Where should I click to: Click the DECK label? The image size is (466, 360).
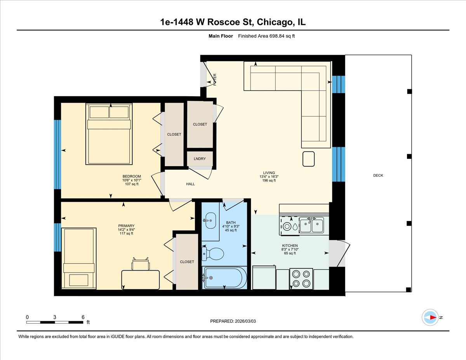click(378, 176)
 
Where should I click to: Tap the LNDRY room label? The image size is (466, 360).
click(200, 159)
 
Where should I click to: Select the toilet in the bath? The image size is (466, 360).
click(213, 254)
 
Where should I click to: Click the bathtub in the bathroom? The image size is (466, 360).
click(224, 278)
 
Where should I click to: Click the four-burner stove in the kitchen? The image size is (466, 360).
click(301, 279)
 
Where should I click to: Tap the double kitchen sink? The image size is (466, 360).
click(311, 224)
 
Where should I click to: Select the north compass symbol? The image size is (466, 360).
click(430, 317)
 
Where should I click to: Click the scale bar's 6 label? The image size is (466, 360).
click(83, 317)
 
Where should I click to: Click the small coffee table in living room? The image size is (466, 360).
click(309, 158)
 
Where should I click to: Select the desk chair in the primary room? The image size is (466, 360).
click(140, 264)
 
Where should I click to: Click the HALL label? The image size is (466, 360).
click(190, 184)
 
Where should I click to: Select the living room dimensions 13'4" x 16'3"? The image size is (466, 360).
click(269, 177)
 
